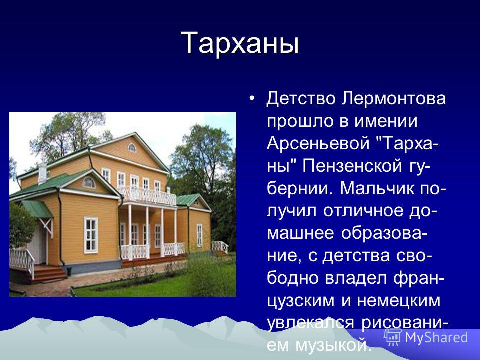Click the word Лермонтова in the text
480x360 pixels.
[x=394, y=99]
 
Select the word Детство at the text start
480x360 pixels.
[x=301, y=99]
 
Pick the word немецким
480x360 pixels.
[x=398, y=301]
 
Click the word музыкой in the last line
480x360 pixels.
[x=331, y=346]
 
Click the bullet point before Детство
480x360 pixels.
[x=252, y=99]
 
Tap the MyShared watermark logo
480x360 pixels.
[x=426, y=338]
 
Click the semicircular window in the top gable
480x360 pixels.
[x=132, y=148]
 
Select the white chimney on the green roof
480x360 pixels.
[x=42, y=173]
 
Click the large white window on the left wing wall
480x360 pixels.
[x=91, y=235]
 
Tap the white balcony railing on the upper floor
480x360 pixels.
[x=148, y=196]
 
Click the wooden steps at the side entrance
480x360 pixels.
[x=49, y=273]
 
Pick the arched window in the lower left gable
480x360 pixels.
[x=89, y=183]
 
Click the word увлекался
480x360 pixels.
[x=311, y=323]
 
